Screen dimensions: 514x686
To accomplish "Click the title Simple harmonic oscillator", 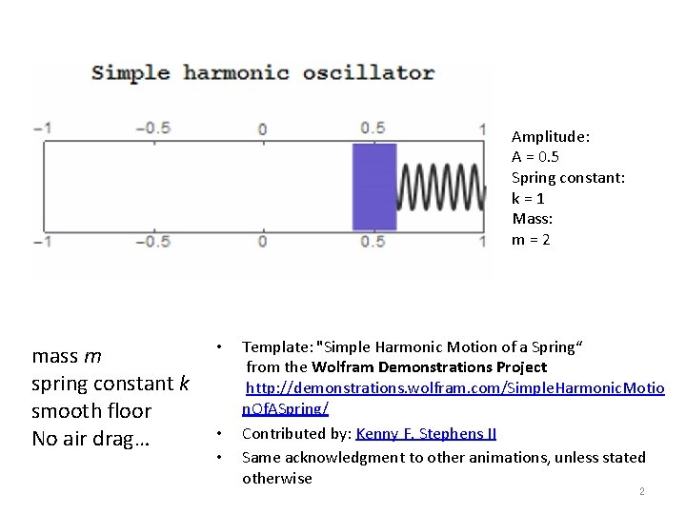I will point(263,73).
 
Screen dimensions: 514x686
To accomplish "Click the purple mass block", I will point(374,187).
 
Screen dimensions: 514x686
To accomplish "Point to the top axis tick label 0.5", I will point(373,128).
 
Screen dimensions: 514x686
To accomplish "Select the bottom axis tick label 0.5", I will point(373,242).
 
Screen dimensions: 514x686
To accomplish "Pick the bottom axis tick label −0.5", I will point(152,242).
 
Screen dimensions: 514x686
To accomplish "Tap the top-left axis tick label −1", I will point(42,128).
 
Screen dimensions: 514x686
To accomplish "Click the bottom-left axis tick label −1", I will point(42,242).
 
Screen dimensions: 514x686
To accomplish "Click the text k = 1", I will point(528,198).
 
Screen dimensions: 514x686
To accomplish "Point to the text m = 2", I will point(531,239).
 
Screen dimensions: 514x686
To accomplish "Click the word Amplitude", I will point(549,137).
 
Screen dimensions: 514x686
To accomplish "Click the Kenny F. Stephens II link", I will point(426,434).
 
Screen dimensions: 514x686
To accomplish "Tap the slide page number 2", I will point(642,492).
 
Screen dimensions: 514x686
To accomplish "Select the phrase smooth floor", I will point(91,411).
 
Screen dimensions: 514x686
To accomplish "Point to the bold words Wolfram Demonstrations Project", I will point(429,367).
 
